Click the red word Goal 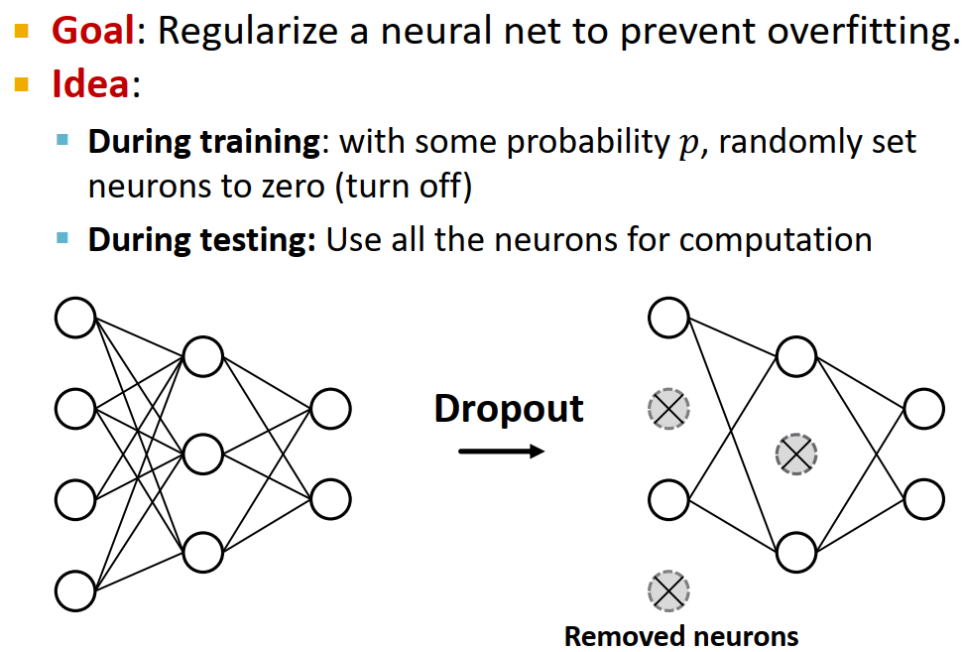[x=92, y=32]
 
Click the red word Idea [x=90, y=84]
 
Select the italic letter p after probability [x=687, y=143]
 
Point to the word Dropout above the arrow [x=509, y=408]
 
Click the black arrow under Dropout [x=502, y=452]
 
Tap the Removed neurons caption [x=681, y=635]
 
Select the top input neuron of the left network [x=75, y=318]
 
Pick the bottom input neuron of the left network [x=75, y=590]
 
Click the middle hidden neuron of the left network [x=202, y=454]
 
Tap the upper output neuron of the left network [x=330, y=408]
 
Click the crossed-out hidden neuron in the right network [x=795, y=455]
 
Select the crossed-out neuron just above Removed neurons [x=667, y=591]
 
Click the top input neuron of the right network [x=668, y=318]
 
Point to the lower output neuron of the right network [x=923, y=499]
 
